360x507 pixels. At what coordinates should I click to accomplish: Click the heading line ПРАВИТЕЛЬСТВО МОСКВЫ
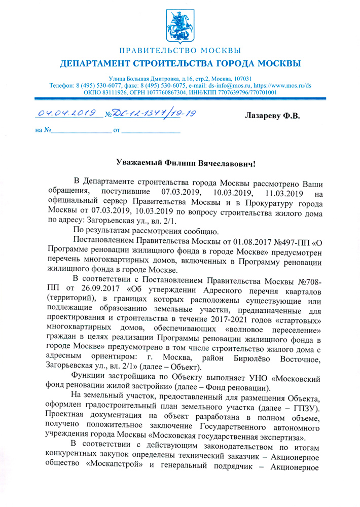click(180, 51)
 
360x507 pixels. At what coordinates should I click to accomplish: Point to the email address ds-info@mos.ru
click(223, 86)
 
